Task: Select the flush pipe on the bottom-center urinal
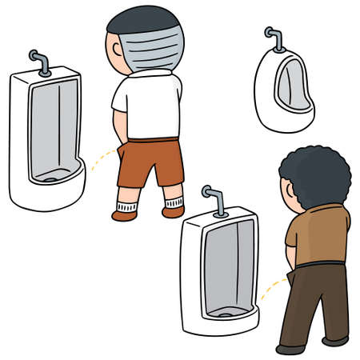coord(213,199)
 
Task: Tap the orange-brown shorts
coord(150,160)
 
